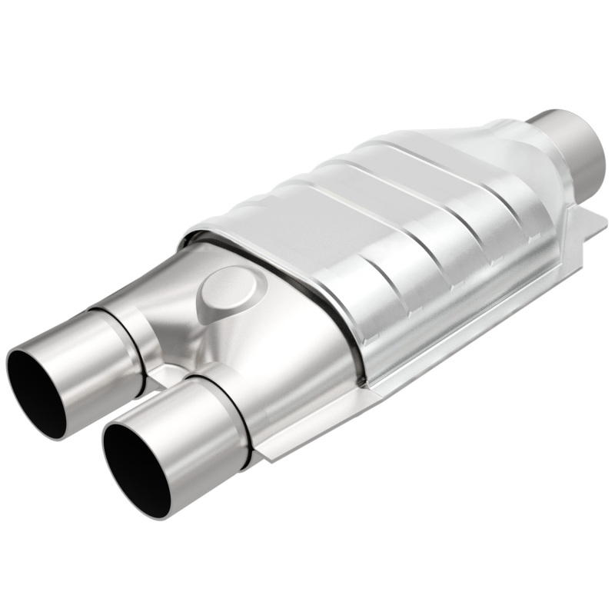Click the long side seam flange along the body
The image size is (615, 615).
[477, 307]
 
